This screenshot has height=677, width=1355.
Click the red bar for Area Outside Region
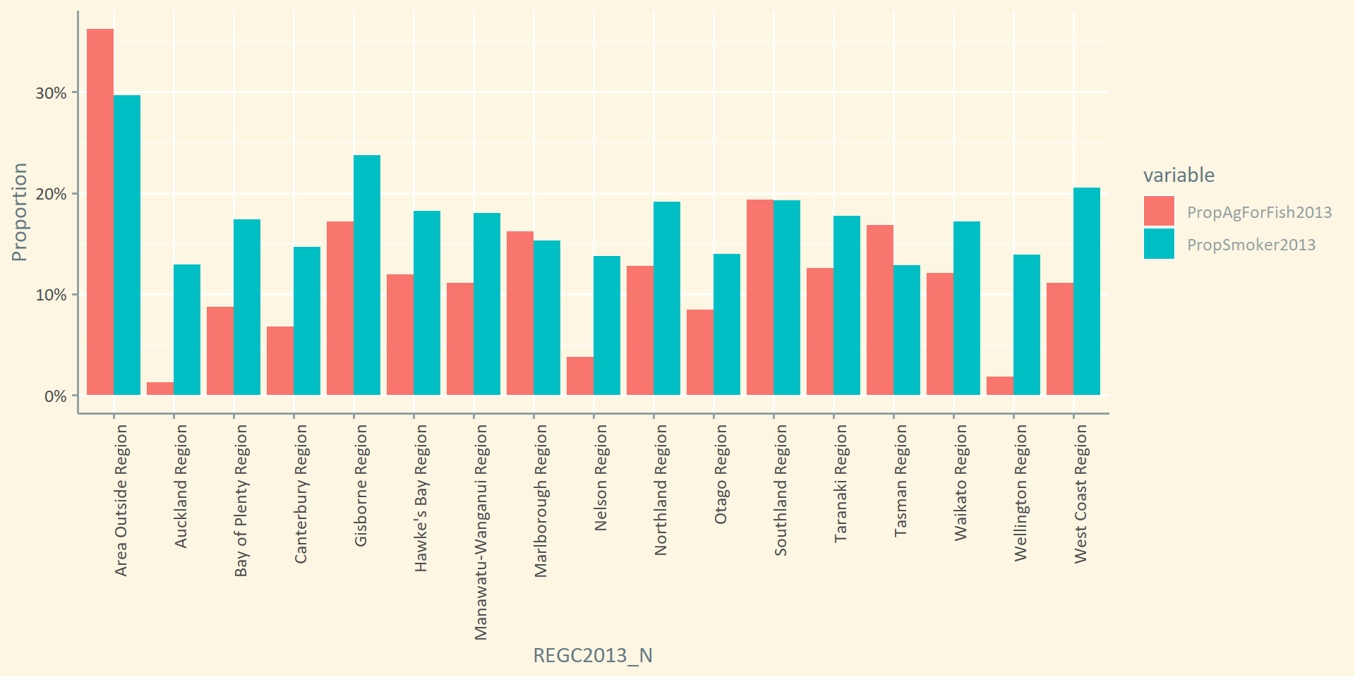(x=100, y=212)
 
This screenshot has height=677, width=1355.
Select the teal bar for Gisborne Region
(x=367, y=275)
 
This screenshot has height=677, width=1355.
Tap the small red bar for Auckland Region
(x=160, y=389)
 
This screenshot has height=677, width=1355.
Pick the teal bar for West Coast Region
(x=1087, y=291)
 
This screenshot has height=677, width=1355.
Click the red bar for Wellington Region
(x=1000, y=386)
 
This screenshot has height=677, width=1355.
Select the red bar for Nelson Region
(x=580, y=376)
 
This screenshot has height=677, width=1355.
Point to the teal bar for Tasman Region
(x=907, y=330)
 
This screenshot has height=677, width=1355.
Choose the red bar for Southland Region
(x=760, y=297)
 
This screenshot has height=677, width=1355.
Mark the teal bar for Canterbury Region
(x=307, y=321)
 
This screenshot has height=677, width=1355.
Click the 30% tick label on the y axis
(x=51, y=93)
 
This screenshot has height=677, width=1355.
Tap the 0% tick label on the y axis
(x=55, y=396)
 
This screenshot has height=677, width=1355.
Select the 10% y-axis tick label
(x=51, y=295)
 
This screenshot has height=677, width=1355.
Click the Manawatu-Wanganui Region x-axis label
(x=481, y=532)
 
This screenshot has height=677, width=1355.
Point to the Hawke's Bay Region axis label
(x=421, y=498)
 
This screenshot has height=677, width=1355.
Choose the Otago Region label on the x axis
(x=721, y=474)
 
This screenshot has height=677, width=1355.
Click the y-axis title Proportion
(x=20, y=212)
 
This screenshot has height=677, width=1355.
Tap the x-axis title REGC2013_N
(x=593, y=656)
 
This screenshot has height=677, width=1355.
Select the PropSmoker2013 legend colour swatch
(x=1159, y=244)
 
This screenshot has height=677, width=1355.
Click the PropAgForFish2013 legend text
(x=1259, y=212)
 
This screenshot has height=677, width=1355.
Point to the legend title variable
(x=1179, y=175)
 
